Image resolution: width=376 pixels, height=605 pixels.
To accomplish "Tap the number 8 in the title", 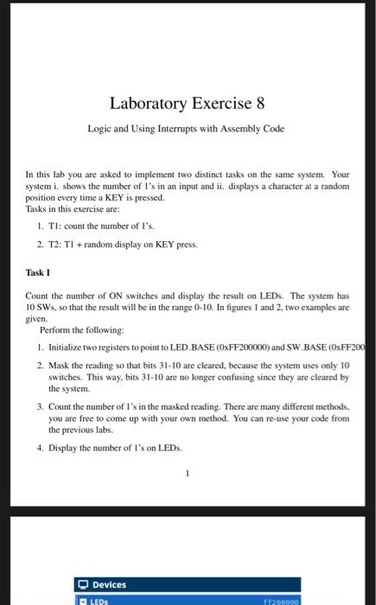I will coord(259,104).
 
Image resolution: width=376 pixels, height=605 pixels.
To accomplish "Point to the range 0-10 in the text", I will coord(207,307).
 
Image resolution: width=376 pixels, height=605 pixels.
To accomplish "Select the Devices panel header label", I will coord(109,584).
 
